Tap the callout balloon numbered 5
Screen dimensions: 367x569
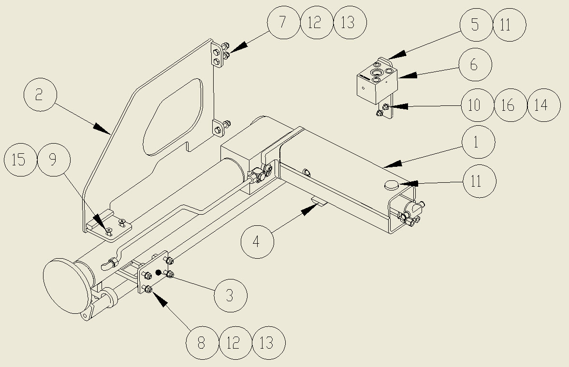click(x=475, y=25)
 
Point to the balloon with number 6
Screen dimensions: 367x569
click(x=474, y=64)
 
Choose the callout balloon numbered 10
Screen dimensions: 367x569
click(x=476, y=105)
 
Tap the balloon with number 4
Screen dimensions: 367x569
click(x=257, y=241)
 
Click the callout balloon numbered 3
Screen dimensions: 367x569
click(x=230, y=295)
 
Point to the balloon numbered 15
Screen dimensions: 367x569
click(x=19, y=160)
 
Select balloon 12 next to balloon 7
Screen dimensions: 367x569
click(x=316, y=22)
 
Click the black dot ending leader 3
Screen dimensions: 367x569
click(x=158, y=273)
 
